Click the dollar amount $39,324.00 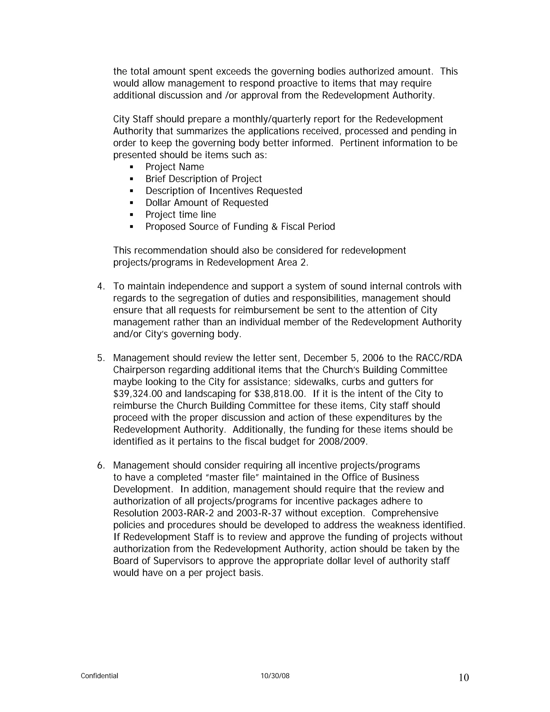coord(137,394)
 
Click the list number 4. coord(100,286)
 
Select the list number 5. coord(100,358)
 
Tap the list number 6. coord(100,465)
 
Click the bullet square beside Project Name coord(132,167)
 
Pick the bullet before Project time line coord(132,215)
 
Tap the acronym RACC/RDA coord(439,358)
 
